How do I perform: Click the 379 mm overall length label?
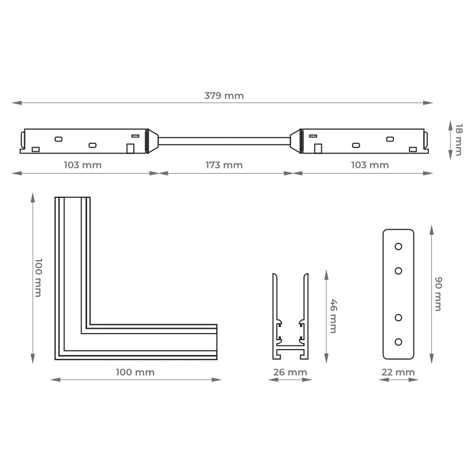pos(224,95)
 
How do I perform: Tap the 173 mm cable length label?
pos(224,165)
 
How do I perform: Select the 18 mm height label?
pos(459,139)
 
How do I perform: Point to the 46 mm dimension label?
pos(334,316)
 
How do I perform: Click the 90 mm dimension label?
pos(438,294)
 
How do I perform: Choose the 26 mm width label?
pos(290,372)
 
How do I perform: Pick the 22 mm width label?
pos(398,372)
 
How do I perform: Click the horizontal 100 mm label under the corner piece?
pos(135,372)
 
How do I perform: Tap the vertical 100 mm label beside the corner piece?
pos(39,277)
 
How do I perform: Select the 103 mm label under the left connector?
pos(82,165)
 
